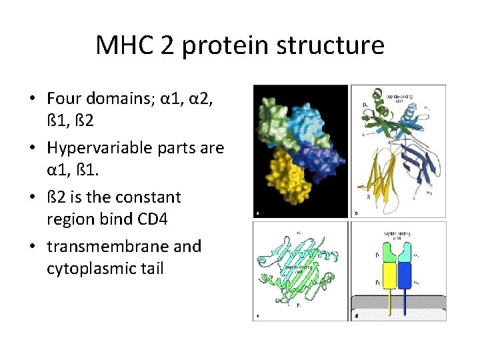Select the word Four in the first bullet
click(64, 99)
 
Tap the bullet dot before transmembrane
click(32, 247)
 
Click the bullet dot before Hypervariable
click(32, 149)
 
